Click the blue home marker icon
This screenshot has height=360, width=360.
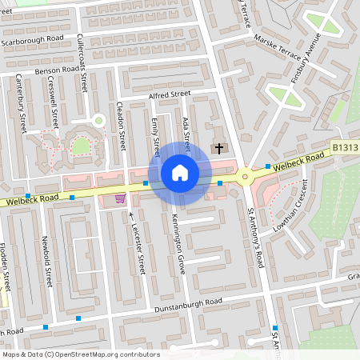click(180, 172)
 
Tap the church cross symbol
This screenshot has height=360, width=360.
click(218, 148)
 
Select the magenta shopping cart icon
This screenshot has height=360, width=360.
click(120, 198)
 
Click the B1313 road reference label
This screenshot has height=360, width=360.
click(344, 148)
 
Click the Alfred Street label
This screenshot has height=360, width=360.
click(167, 96)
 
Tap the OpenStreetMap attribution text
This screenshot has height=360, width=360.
click(80, 354)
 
